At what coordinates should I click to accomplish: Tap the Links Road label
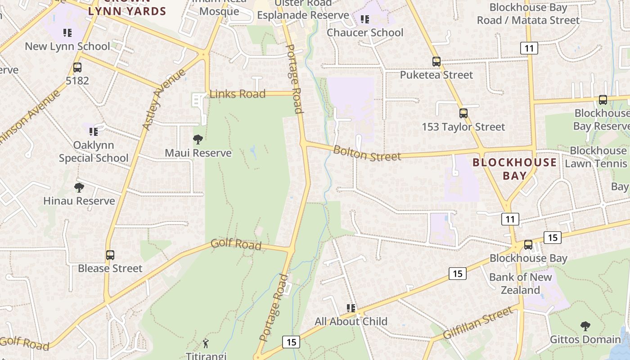pyautogui.click(x=237, y=94)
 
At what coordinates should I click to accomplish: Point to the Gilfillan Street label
pyautogui.click(x=477, y=323)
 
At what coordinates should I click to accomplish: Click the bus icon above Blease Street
pyautogui.click(x=110, y=255)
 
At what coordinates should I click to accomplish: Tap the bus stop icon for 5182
pyautogui.click(x=77, y=68)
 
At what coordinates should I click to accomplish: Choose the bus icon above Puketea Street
pyautogui.click(x=436, y=62)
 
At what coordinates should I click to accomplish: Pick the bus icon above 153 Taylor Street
pyautogui.click(x=463, y=113)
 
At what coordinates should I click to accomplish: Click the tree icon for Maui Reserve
pyautogui.click(x=198, y=139)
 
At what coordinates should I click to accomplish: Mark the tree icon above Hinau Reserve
pyautogui.click(x=79, y=187)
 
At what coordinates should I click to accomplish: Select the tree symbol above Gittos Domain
pyautogui.click(x=585, y=326)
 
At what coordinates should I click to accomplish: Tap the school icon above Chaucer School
pyautogui.click(x=365, y=19)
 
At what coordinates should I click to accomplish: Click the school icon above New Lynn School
pyautogui.click(x=67, y=33)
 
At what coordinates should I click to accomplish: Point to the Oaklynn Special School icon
pyautogui.click(x=93, y=132)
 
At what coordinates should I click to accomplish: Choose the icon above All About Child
pyautogui.click(x=351, y=308)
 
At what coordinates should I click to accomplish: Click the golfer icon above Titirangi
pyautogui.click(x=206, y=343)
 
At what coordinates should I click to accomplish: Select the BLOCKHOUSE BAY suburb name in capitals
pyautogui.click(x=514, y=169)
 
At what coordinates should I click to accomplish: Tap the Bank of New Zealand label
pyautogui.click(x=520, y=283)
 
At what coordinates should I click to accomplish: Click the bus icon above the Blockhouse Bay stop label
pyautogui.click(x=528, y=245)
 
